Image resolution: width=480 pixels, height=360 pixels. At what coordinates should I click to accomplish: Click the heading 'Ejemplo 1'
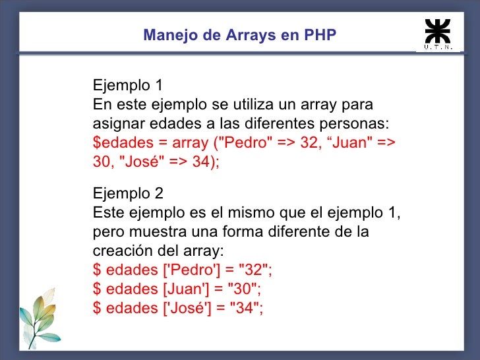(128, 86)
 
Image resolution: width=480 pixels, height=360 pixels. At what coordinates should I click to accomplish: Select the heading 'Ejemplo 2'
(128, 195)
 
